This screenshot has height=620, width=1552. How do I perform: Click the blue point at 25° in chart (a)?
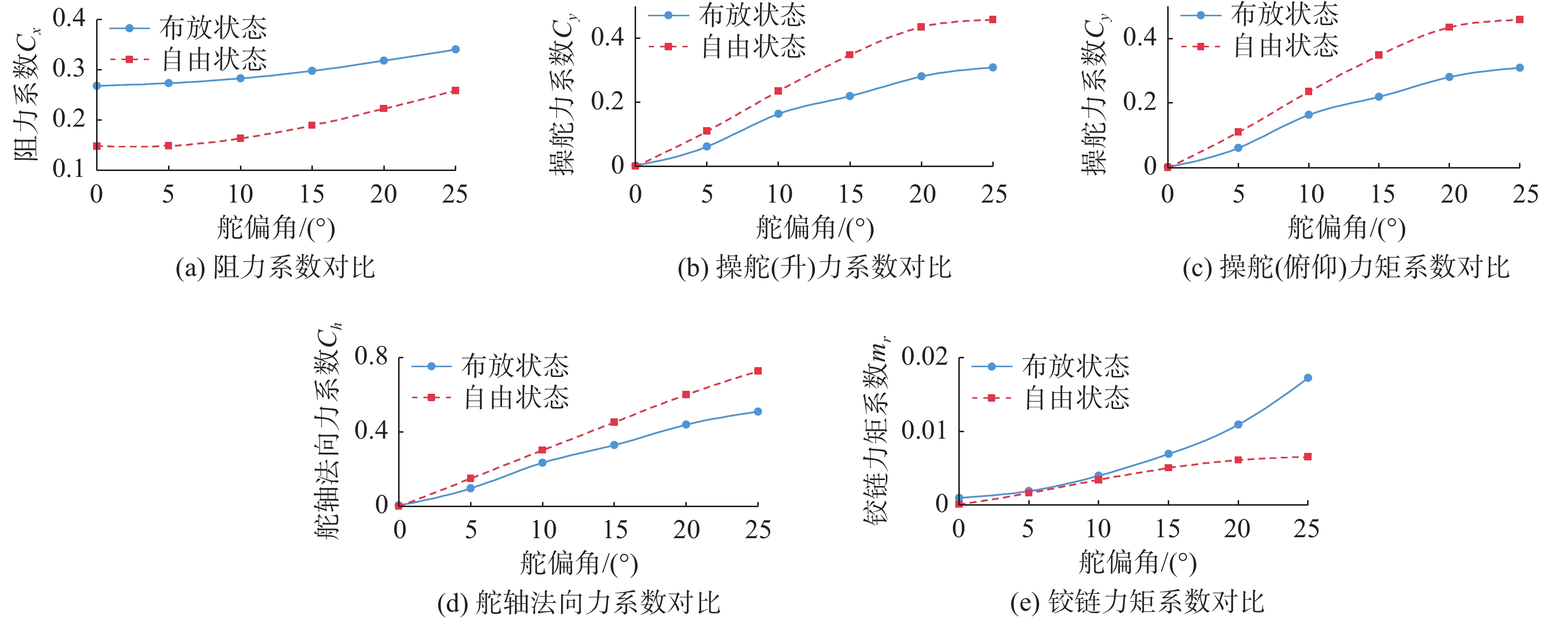click(455, 49)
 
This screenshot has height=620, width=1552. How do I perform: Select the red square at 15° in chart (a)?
click(312, 125)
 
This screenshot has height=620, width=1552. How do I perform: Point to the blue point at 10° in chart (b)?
click(778, 113)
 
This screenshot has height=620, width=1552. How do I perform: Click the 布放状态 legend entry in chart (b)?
click(728, 16)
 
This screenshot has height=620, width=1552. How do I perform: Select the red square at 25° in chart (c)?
click(1519, 20)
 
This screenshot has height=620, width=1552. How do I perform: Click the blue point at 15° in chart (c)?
click(1379, 97)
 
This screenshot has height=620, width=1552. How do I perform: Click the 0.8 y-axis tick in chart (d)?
click(371, 357)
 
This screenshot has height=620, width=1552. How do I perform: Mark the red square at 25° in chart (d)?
click(758, 371)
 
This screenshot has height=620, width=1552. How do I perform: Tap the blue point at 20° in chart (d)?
click(686, 425)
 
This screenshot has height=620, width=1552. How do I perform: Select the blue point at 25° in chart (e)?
click(1308, 378)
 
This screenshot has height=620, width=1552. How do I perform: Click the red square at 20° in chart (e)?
click(1238, 460)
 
